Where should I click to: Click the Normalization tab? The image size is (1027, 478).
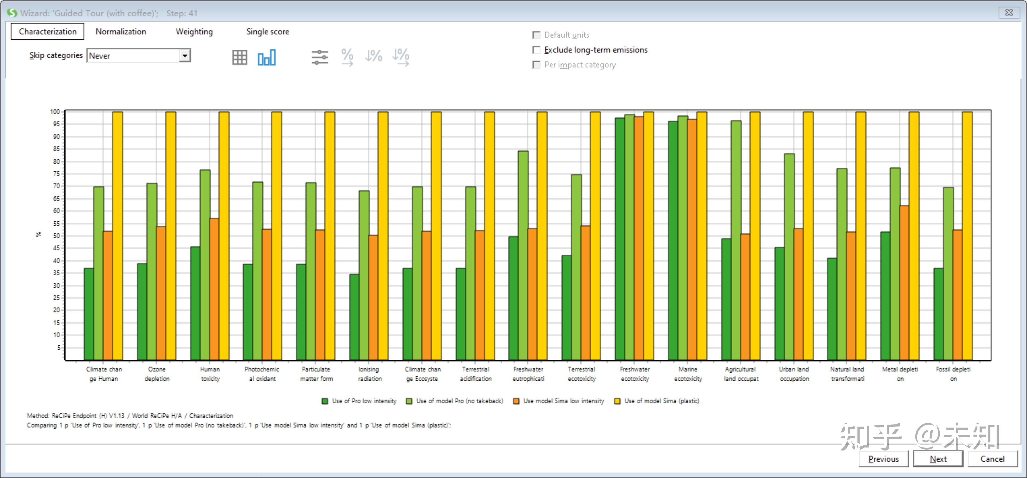(121, 32)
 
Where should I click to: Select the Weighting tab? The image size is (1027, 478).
(194, 32)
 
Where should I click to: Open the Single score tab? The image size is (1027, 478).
(267, 32)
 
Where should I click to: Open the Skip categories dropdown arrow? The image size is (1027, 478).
(185, 56)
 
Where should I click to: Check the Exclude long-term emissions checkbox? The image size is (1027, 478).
(537, 50)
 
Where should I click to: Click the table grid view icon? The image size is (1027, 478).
(240, 57)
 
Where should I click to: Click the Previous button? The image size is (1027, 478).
(884, 459)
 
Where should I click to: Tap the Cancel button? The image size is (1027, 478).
(992, 459)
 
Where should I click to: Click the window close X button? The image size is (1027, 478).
(1009, 13)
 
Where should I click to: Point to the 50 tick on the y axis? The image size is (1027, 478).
(57, 236)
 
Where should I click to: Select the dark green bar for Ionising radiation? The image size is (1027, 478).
(354, 317)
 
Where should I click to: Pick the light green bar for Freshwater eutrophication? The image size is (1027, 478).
(523, 255)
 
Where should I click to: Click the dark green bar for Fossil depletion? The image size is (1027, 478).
(939, 314)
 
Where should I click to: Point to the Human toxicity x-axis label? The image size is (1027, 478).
(210, 374)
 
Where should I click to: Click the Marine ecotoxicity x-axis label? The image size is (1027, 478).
(688, 374)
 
